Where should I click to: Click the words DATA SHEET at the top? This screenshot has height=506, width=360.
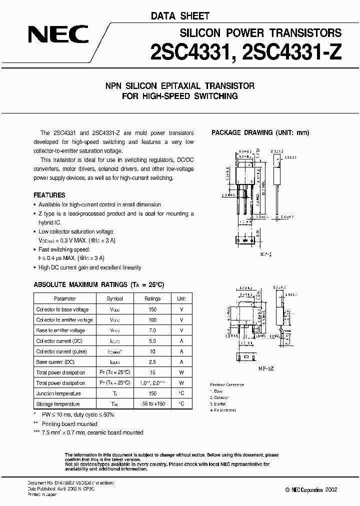pyautogui.click(x=180, y=16)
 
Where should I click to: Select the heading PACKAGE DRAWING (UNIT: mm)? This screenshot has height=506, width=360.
pyautogui.click(x=260, y=132)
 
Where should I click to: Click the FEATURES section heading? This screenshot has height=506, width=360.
pyautogui.click(x=49, y=195)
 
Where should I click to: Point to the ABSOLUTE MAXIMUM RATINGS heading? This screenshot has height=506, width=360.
pyautogui.click(x=98, y=284)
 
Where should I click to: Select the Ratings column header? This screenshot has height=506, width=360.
pyautogui.click(x=152, y=298)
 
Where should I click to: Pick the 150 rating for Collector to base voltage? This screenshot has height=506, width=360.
pyautogui.click(x=152, y=309)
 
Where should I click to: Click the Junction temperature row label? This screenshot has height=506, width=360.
pyautogui.click(x=59, y=393)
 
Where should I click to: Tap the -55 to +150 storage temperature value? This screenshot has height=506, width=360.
pyautogui.click(x=152, y=404)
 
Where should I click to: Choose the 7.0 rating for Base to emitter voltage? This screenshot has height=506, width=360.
pyautogui.click(x=152, y=330)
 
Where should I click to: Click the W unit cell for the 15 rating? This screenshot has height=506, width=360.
pyautogui.click(x=181, y=372)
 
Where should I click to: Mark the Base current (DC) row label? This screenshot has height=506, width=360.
pyautogui.click(x=55, y=362)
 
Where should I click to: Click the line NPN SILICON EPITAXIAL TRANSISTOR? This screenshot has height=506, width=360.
pyautogui.click(x=180, y=86)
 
